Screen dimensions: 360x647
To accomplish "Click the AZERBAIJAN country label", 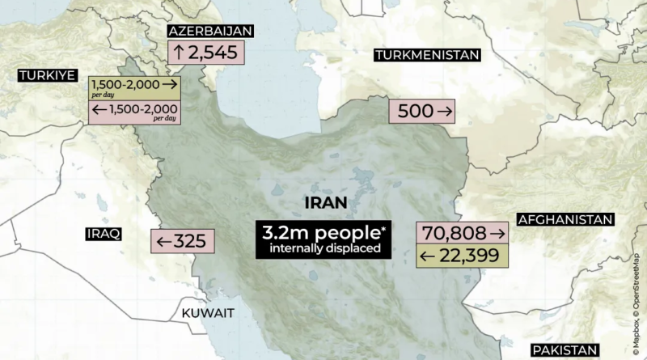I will (209, 32).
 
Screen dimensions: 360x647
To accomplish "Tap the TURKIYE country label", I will (47, 75).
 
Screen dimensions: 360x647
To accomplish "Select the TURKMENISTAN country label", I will (426, 55).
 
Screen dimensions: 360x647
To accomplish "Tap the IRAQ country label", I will (103, 234).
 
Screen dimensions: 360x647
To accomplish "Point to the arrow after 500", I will (447, 112).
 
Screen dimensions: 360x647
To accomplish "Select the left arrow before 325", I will (163, 240).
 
